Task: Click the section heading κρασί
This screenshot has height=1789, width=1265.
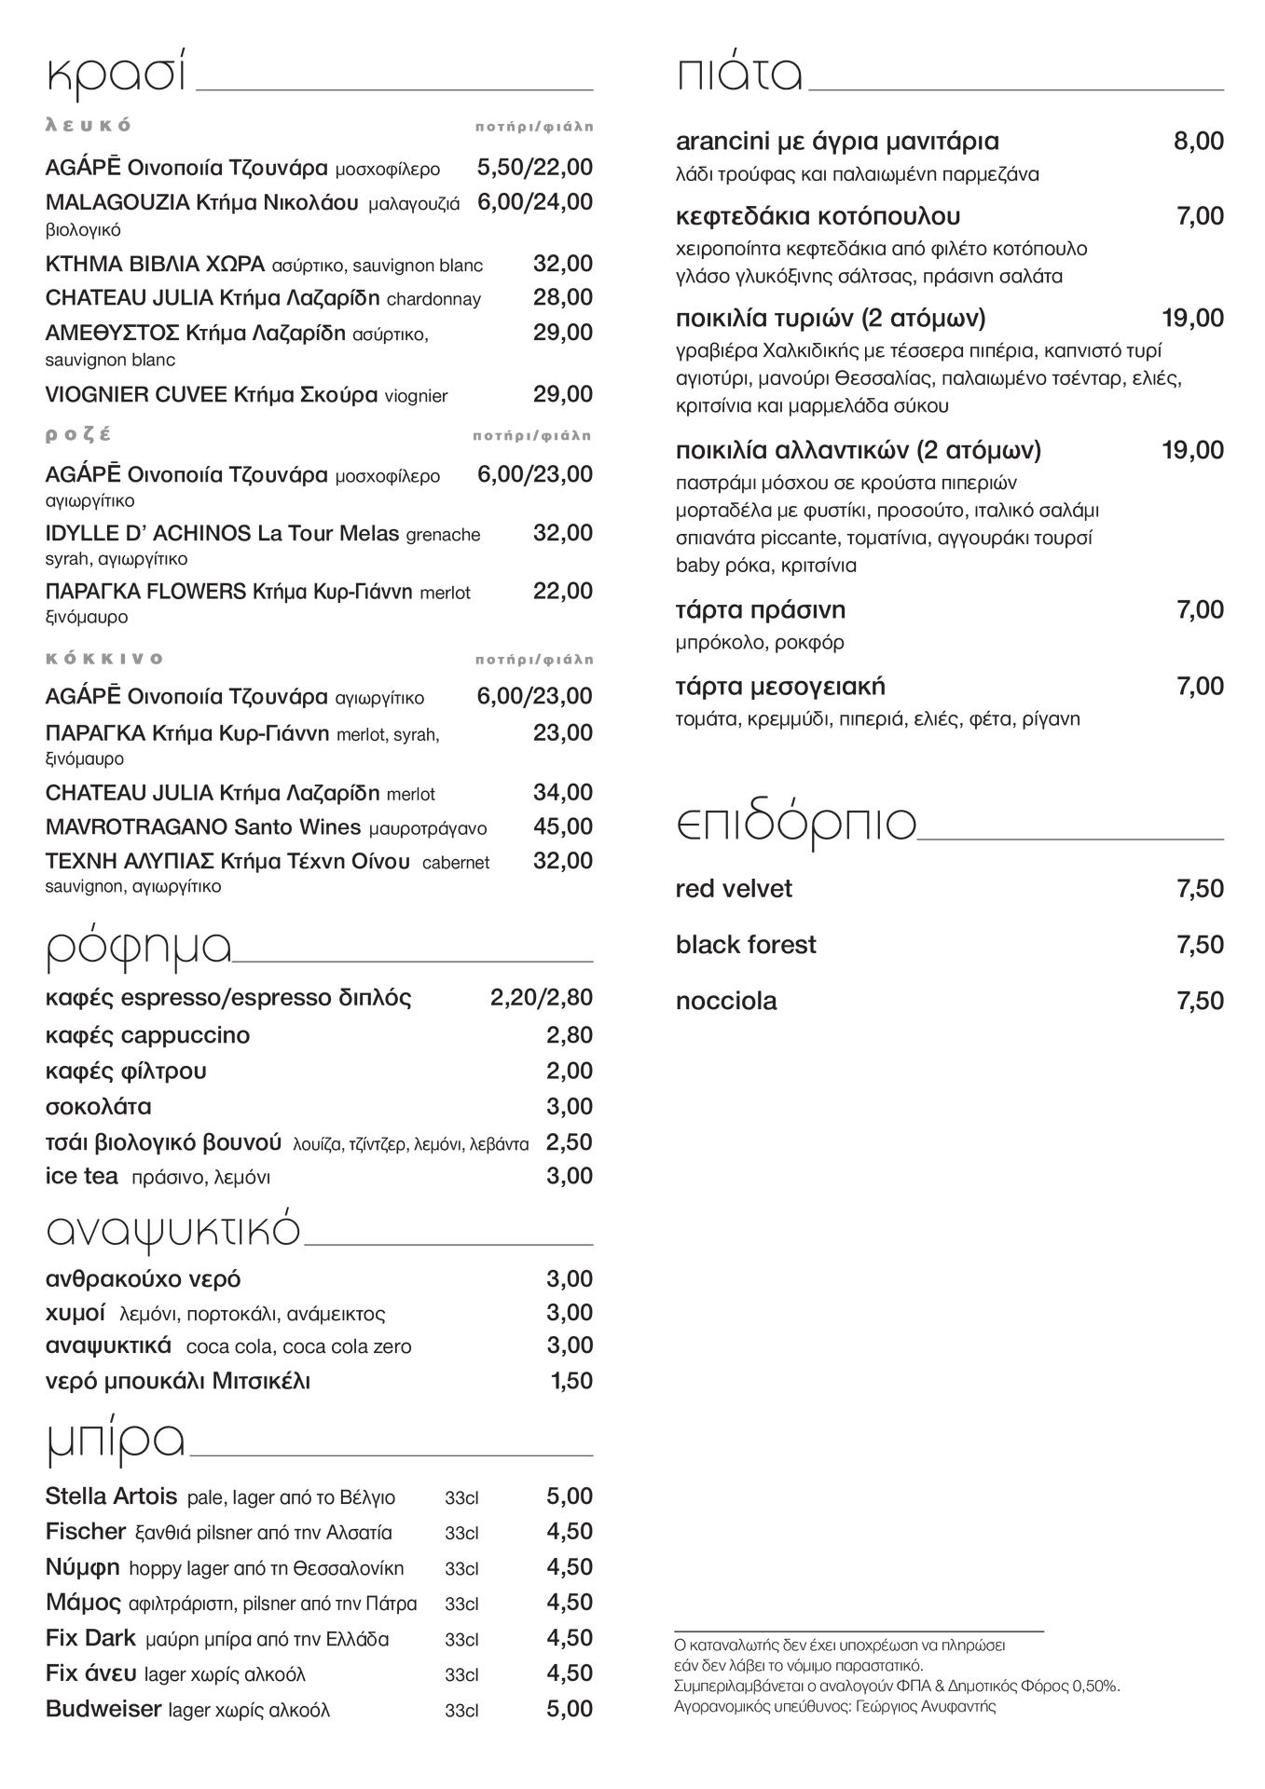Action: coord(117,75)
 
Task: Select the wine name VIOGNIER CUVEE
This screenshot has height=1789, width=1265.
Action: coord(136,394)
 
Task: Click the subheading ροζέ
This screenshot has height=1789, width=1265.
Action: coord(78,434)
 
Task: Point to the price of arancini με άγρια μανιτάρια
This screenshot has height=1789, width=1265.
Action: coord(1198,142)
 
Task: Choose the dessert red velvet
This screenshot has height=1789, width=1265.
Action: coord(733,889)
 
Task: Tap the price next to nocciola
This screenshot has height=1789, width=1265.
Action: coord(1200,1001)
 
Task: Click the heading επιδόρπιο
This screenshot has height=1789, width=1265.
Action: coord(795,824)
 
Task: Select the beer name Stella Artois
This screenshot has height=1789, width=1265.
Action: coord(111,1497)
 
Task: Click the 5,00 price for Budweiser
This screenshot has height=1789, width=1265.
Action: coord(569,1709)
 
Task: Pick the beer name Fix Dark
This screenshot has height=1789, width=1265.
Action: coord(90,1638)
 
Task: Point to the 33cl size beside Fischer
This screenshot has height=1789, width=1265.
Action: coord(461,1534)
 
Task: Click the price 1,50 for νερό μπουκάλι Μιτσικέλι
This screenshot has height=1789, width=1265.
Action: coord(571,1381)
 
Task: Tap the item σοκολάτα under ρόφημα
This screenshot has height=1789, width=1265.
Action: coord(98,1107)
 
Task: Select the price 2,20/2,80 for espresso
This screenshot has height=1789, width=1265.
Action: coord(541,998)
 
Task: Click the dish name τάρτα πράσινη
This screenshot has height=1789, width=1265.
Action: coord(760,610)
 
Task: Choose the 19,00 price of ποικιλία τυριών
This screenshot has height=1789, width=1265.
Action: coord(1192,319)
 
